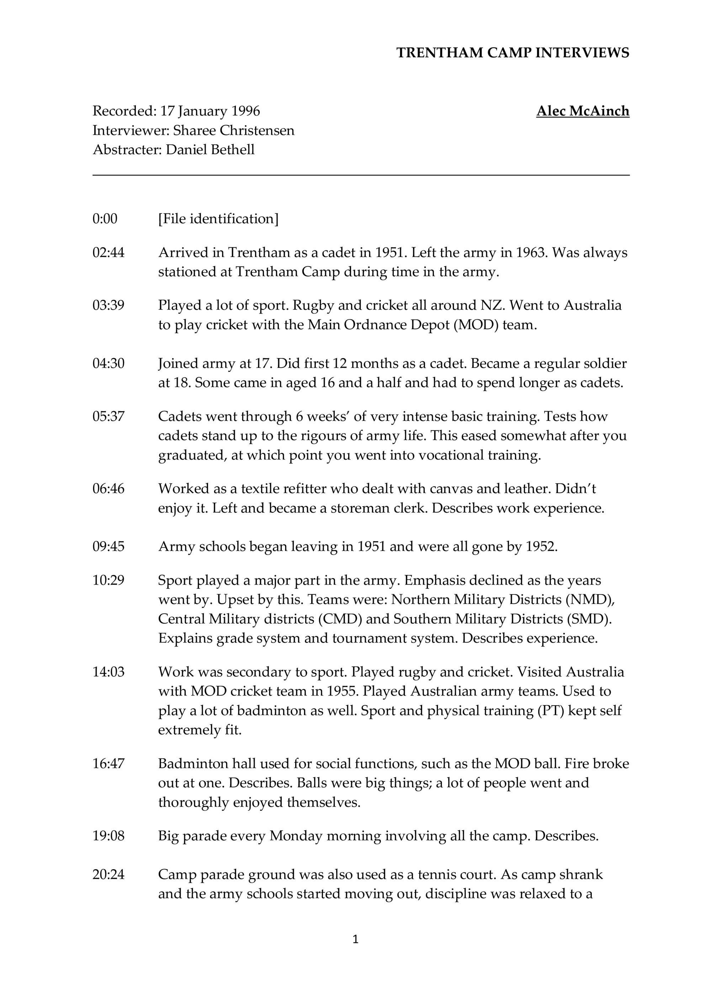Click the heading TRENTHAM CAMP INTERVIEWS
pyautogui.click(x=513, y=53)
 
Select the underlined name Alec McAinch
pyautogui.click(x=583, y=111)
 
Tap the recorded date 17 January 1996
pyautogui.click(x=210, y=111)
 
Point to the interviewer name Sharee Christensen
pyautogui.click(x=234, y=130)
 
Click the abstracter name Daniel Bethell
pyautogui.click(x=210, y=150)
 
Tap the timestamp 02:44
pyautogui.click(x=108, y=252)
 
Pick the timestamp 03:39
pyautogui.click(x=108, y=305)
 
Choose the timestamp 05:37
pyautogui.click(x=108, y=416)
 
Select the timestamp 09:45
pyautogui.click(x=108, y=546)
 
